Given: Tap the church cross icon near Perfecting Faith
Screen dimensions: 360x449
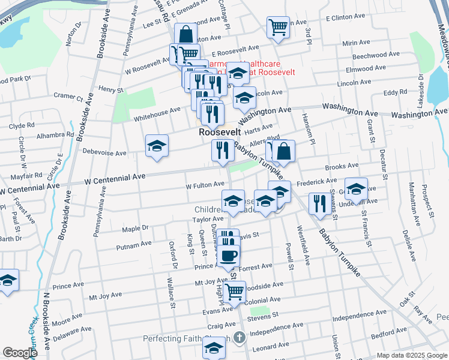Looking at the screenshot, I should point(240,338).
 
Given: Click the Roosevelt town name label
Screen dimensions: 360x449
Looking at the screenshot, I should point(220,132).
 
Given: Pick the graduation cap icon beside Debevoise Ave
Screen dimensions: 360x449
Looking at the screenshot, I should point(157,145).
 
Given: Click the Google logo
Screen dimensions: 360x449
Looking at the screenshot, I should point(20,353).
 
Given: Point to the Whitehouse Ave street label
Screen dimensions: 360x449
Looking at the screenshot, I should point(157,110).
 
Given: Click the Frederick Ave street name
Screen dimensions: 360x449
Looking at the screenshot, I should point(316,181).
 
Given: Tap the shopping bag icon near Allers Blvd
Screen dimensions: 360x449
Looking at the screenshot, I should point(284,151).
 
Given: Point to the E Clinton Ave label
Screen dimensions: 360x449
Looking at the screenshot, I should point(346,18).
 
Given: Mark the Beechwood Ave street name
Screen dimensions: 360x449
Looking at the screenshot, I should point(373,56).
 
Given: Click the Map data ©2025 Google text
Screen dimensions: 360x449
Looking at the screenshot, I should point(411,355).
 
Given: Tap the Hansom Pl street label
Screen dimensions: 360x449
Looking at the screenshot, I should point(308,127).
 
